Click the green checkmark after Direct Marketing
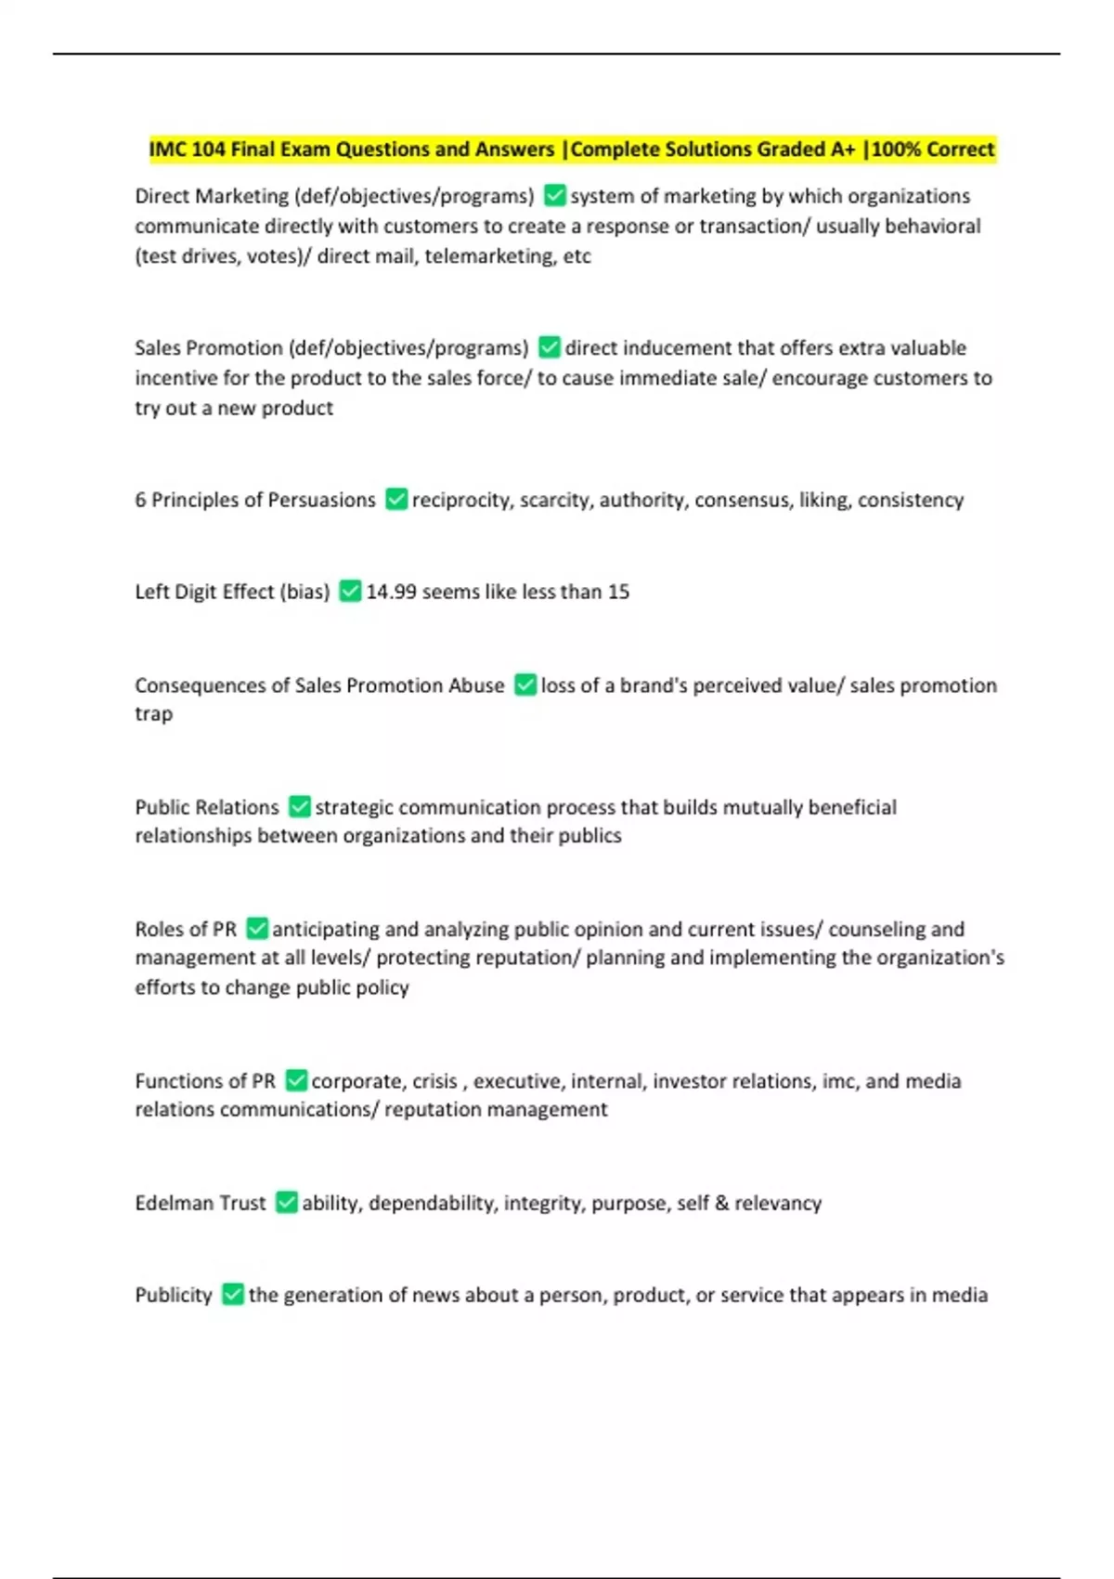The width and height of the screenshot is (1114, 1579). point(554,196)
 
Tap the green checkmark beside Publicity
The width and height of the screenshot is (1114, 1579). point(233,1295)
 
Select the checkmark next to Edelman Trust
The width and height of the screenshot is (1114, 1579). point(287,1203)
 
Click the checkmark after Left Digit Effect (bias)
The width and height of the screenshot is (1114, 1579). point(350,592)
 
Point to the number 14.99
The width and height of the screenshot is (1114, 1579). point(391,592)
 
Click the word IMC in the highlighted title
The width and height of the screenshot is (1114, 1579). point(168,150)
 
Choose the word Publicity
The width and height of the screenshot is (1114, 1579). point(174,1295)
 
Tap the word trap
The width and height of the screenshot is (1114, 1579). point(154,714)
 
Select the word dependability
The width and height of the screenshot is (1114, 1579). point(432,1203)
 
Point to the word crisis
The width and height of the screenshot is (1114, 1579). point(434,1081)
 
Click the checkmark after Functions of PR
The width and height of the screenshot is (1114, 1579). point(296,1081)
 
